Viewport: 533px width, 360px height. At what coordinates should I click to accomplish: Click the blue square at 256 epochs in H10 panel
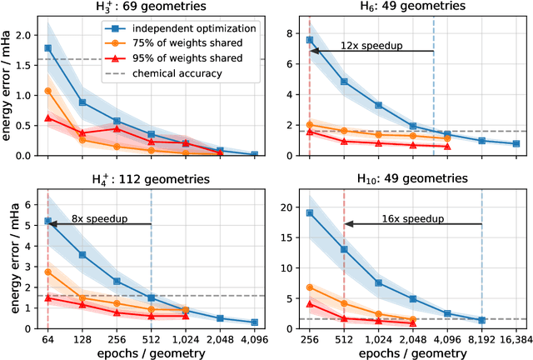tap(310, 212)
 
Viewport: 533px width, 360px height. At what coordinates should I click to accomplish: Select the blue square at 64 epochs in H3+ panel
tap(47, 48)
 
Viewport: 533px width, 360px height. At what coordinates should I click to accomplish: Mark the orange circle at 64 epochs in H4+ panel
tap(47, 272)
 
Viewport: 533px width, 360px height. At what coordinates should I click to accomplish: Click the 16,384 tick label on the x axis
tap(516, 339)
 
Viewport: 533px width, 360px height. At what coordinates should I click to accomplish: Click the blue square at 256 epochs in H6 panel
tap(310, 39)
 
